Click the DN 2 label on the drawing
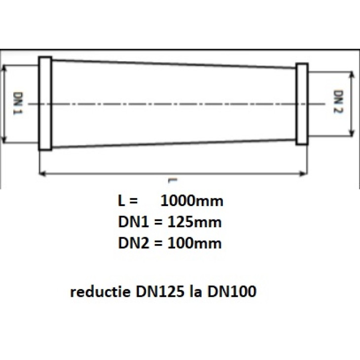click(339, 102)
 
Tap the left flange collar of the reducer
click(45, 103)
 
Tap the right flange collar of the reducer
click(302, 104)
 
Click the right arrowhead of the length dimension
click(304, 174)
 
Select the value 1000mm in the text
click(192, 202)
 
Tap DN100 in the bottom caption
click(232, 292)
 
